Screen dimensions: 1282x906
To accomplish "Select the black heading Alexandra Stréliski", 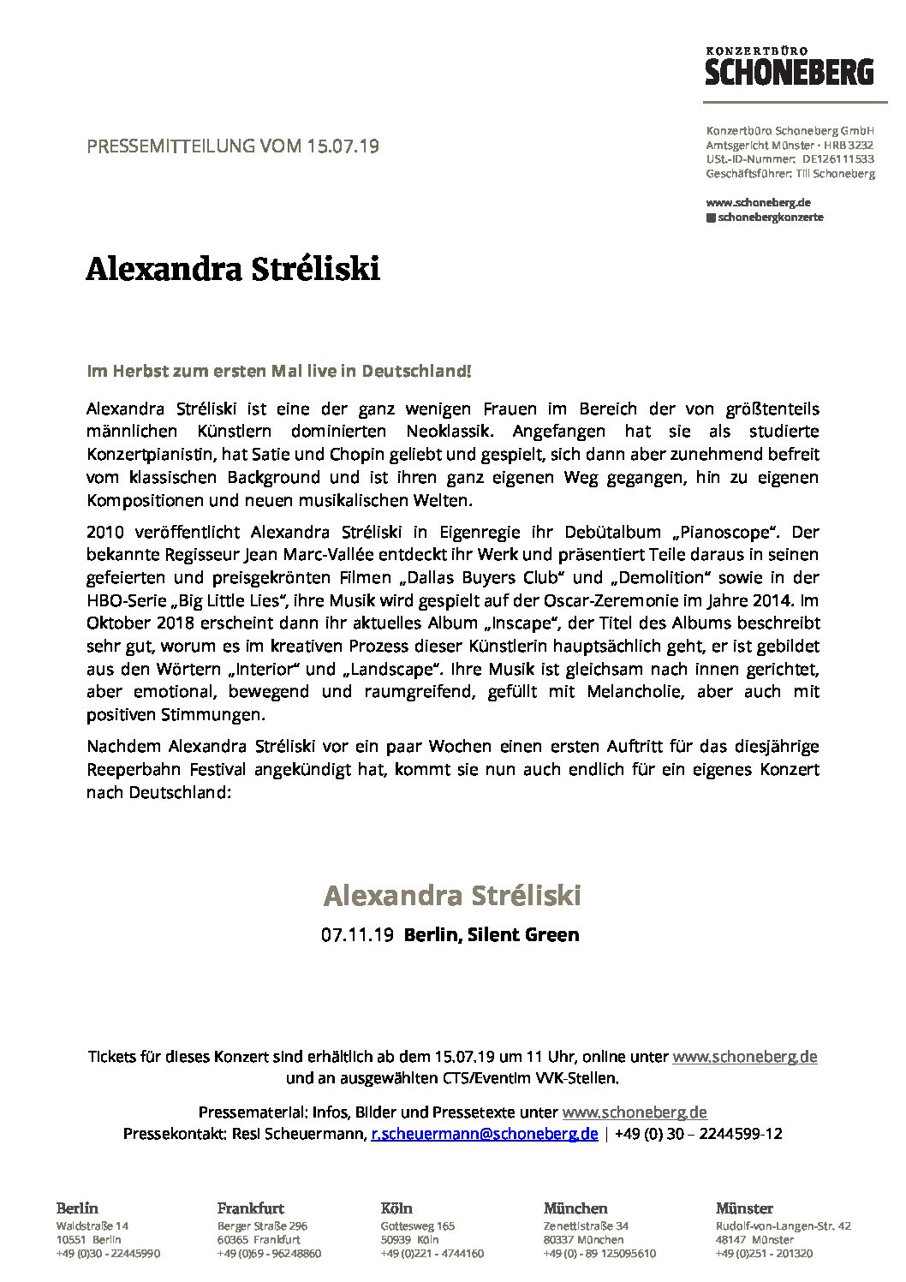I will pos(232,270).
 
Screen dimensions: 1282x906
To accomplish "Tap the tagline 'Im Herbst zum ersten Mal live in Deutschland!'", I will pos(279,373).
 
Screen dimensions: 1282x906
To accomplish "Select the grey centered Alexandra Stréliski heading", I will pos(452,896).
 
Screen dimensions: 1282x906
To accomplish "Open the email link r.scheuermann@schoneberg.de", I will pos(484,1134).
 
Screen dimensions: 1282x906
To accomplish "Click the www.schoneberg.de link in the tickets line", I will pos(744,1057).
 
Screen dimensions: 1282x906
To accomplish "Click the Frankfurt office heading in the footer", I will pos(251,1209).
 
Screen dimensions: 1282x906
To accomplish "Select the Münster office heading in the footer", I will pos(744,1209).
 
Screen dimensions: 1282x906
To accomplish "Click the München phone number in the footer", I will pos(599,1254).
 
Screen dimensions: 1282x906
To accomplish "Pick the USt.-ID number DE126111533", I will pos(838,159).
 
